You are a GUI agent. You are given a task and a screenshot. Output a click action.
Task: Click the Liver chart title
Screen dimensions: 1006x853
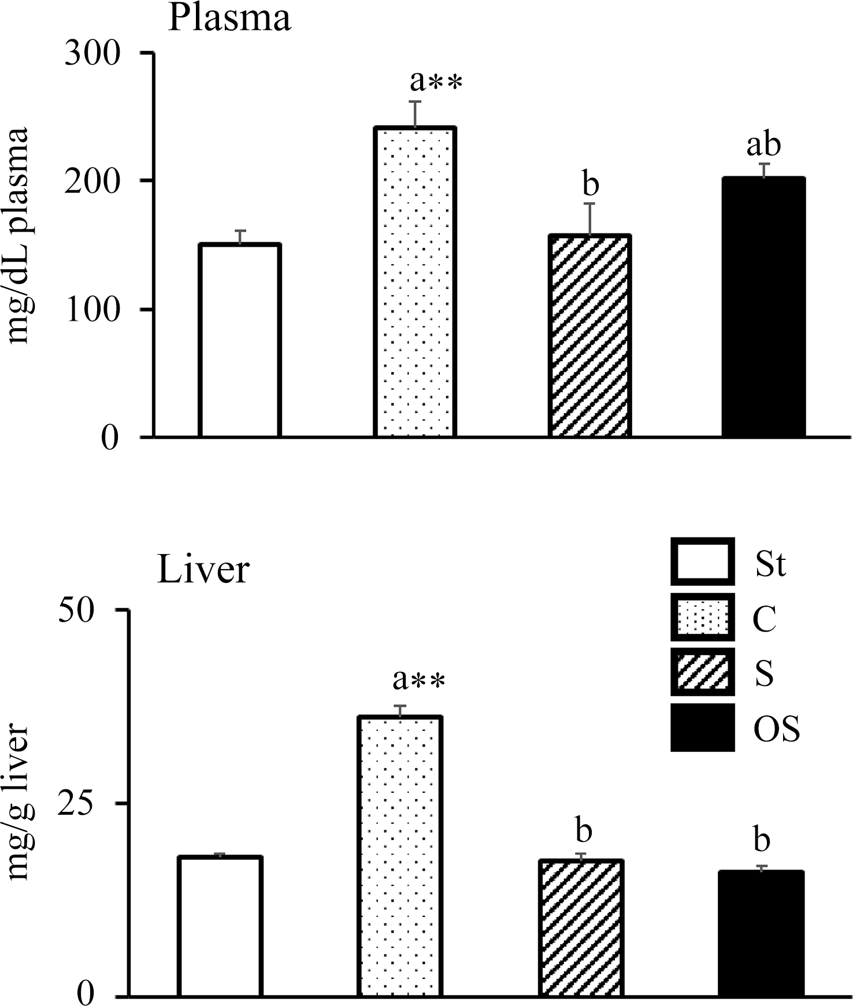[203, 570]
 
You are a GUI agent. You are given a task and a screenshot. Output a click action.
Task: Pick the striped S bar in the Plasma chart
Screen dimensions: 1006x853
[589, 335]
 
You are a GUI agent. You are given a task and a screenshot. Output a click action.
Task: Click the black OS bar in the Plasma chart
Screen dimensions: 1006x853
[763, 306]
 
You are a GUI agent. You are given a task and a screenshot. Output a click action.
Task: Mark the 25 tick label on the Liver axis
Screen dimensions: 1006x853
[75, 803]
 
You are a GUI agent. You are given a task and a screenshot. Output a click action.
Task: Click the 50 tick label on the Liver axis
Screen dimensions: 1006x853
[75, 611]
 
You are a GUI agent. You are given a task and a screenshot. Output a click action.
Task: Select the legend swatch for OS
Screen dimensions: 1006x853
[702, 727]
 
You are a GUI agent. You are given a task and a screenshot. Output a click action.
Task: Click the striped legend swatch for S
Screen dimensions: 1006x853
[702, 673]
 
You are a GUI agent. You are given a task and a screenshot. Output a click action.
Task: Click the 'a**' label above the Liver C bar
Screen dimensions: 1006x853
[418, 680]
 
